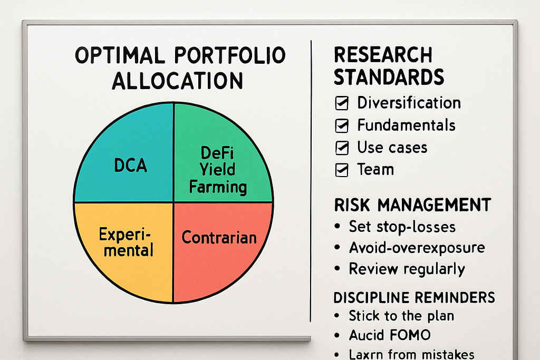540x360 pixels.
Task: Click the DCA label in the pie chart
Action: coord(131,165)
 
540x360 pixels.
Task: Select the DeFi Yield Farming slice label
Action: coord(218,170)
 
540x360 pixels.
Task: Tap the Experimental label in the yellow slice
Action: coord(127,242)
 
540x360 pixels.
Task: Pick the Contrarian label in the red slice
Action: coord(219,238)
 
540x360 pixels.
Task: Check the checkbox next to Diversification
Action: coord(342,103)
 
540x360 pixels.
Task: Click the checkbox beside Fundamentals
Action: coord(342,125)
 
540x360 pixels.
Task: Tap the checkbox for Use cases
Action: coord(342,148)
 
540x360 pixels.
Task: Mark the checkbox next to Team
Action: coord(342,170)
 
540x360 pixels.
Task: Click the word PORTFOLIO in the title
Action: coord(230,55)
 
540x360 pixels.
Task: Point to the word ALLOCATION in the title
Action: coord(177,81)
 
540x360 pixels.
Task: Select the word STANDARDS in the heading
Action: coord(389,77)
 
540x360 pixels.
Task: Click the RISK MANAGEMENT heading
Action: coord(412,205)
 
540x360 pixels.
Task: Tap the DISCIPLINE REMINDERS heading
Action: coord(414,298)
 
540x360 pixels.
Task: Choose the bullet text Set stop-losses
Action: coord(402,227)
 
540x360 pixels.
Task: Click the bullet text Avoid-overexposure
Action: coord(417,247)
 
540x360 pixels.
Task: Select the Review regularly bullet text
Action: coord(407,269)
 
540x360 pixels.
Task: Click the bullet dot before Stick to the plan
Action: coord(337,316)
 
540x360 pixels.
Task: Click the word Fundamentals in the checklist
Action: coord(407,125)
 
